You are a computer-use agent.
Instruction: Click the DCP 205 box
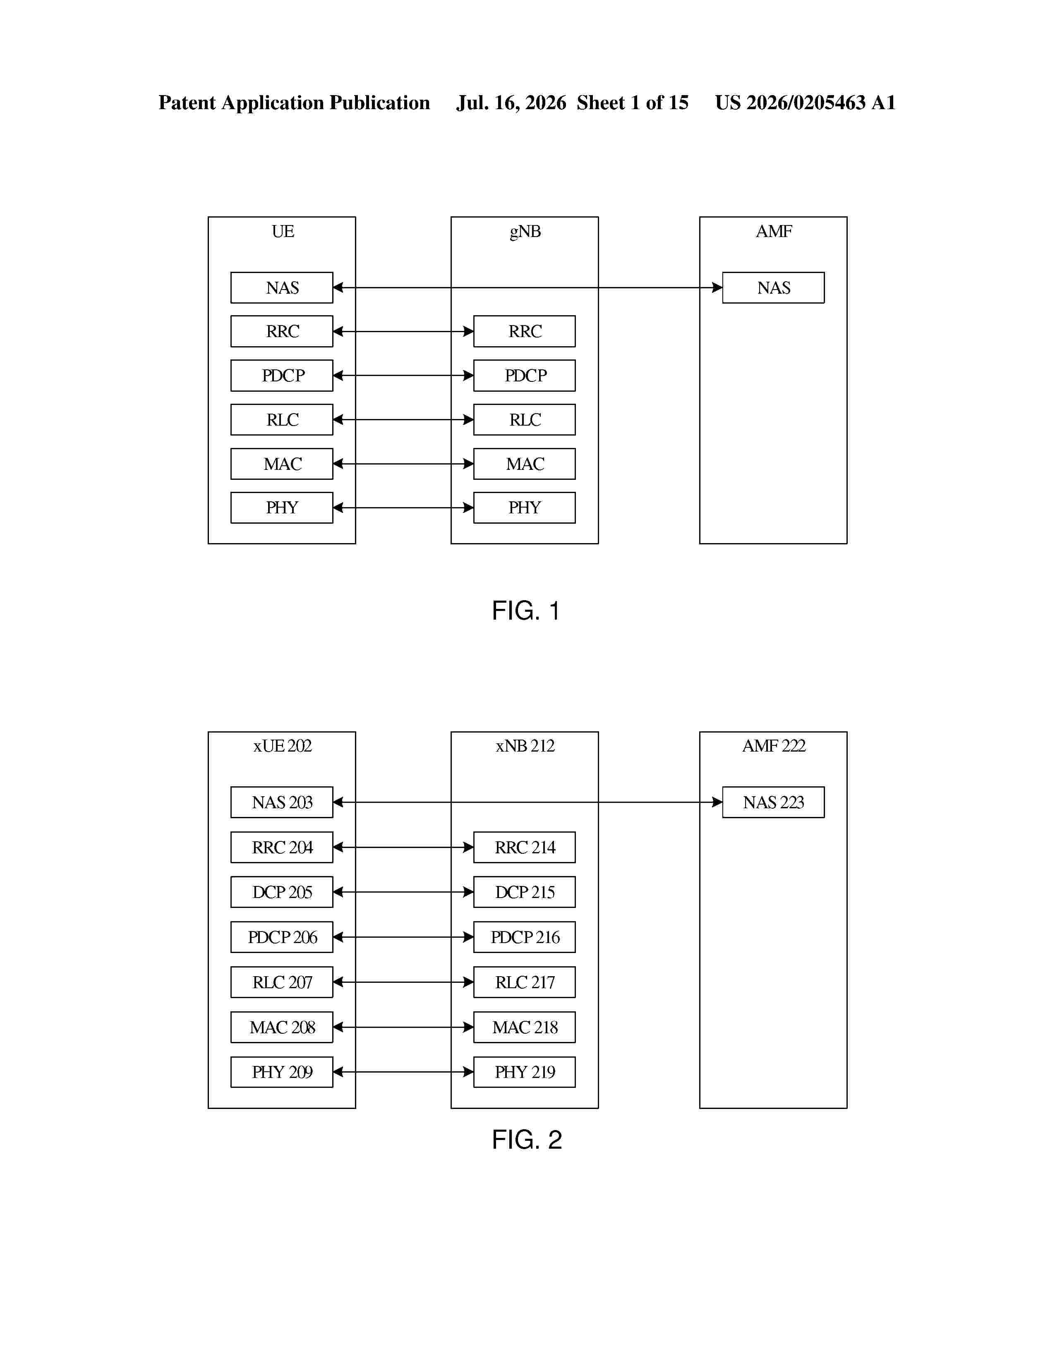(282, 892)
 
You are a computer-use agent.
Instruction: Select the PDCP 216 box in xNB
(524, 937)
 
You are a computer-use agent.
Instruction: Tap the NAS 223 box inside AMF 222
(773, 802)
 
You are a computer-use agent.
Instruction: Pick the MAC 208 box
(282, 1027)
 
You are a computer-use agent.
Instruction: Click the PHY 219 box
(524, 1072)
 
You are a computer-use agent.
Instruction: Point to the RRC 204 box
(282, 847)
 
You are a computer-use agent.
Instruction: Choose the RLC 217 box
(524, 982)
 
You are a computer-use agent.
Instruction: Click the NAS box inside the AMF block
(773, 287)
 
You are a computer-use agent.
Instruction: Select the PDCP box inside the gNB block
(524, 375)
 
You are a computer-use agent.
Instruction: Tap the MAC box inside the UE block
(282, 464)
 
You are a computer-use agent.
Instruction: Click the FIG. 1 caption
(525, 611)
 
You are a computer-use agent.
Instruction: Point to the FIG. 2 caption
(527, 1140)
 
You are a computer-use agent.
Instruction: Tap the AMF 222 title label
(774, 746)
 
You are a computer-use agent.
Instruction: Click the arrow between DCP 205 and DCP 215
(403, 892)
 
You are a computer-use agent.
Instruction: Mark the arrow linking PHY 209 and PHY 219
(403, 1072)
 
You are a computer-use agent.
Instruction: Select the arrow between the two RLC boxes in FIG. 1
(403, 419)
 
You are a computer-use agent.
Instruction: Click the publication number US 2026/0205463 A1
(805, 103)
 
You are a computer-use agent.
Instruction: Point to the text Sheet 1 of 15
(633, 103)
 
